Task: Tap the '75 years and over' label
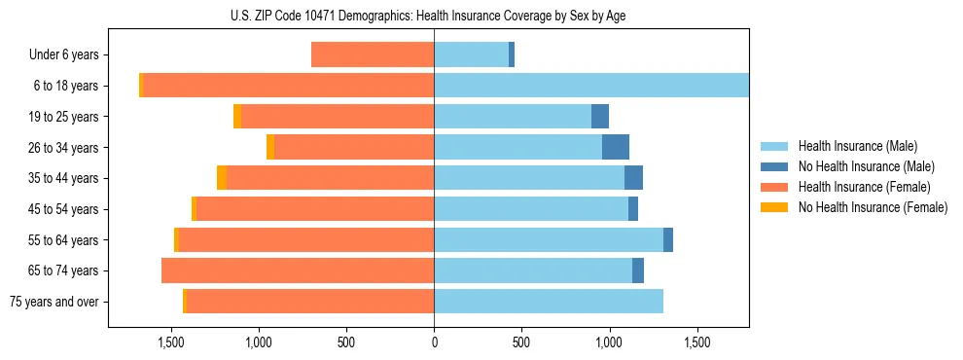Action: tap(54, 302)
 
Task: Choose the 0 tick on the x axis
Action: tap(434, 342)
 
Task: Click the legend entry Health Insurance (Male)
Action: tap(857, 146)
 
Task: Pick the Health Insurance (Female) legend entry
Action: tap(864, 187)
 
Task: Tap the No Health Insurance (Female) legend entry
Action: tap(873, 207)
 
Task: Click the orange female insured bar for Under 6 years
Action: tap(373, 55)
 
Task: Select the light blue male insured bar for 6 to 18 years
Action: tap(591, 86)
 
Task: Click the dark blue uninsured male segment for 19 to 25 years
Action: tap(600, 117)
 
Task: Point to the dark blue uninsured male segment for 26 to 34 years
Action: tap(616, 148)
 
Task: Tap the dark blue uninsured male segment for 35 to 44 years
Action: tap(633, 178)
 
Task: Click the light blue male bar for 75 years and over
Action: tap(549, 302)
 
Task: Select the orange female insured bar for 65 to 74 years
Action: tap(298, 270)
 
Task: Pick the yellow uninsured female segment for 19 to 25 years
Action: tap(237, 117)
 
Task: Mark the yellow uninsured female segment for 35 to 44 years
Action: tap(222, 178)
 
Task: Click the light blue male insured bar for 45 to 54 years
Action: tap(531, 209)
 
